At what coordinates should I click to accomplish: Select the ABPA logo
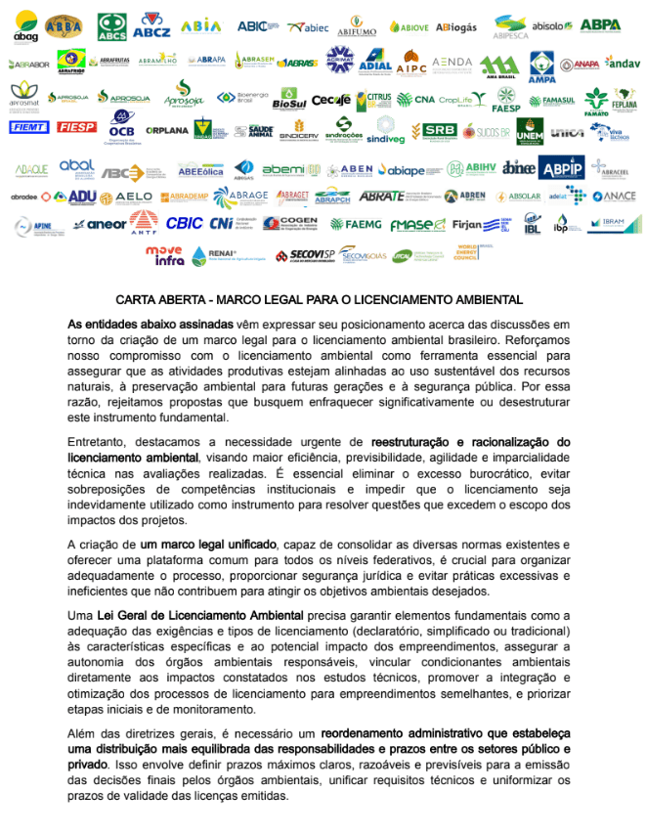point(600,25)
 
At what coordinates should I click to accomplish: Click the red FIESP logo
point(76,127)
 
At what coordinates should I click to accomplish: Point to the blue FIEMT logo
point(28,127)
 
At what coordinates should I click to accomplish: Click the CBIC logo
point(185,223)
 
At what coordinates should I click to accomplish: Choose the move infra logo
point(164,255)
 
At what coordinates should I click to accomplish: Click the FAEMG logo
point(354,224)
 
